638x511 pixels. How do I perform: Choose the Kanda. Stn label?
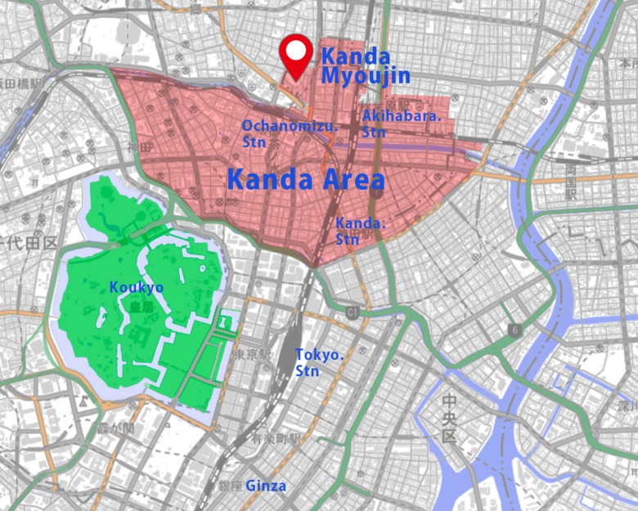358,230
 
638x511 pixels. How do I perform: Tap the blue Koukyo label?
136,288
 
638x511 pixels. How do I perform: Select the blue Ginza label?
266,486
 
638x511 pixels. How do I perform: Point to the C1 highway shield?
353,312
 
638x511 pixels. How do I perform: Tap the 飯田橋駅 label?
20,83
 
